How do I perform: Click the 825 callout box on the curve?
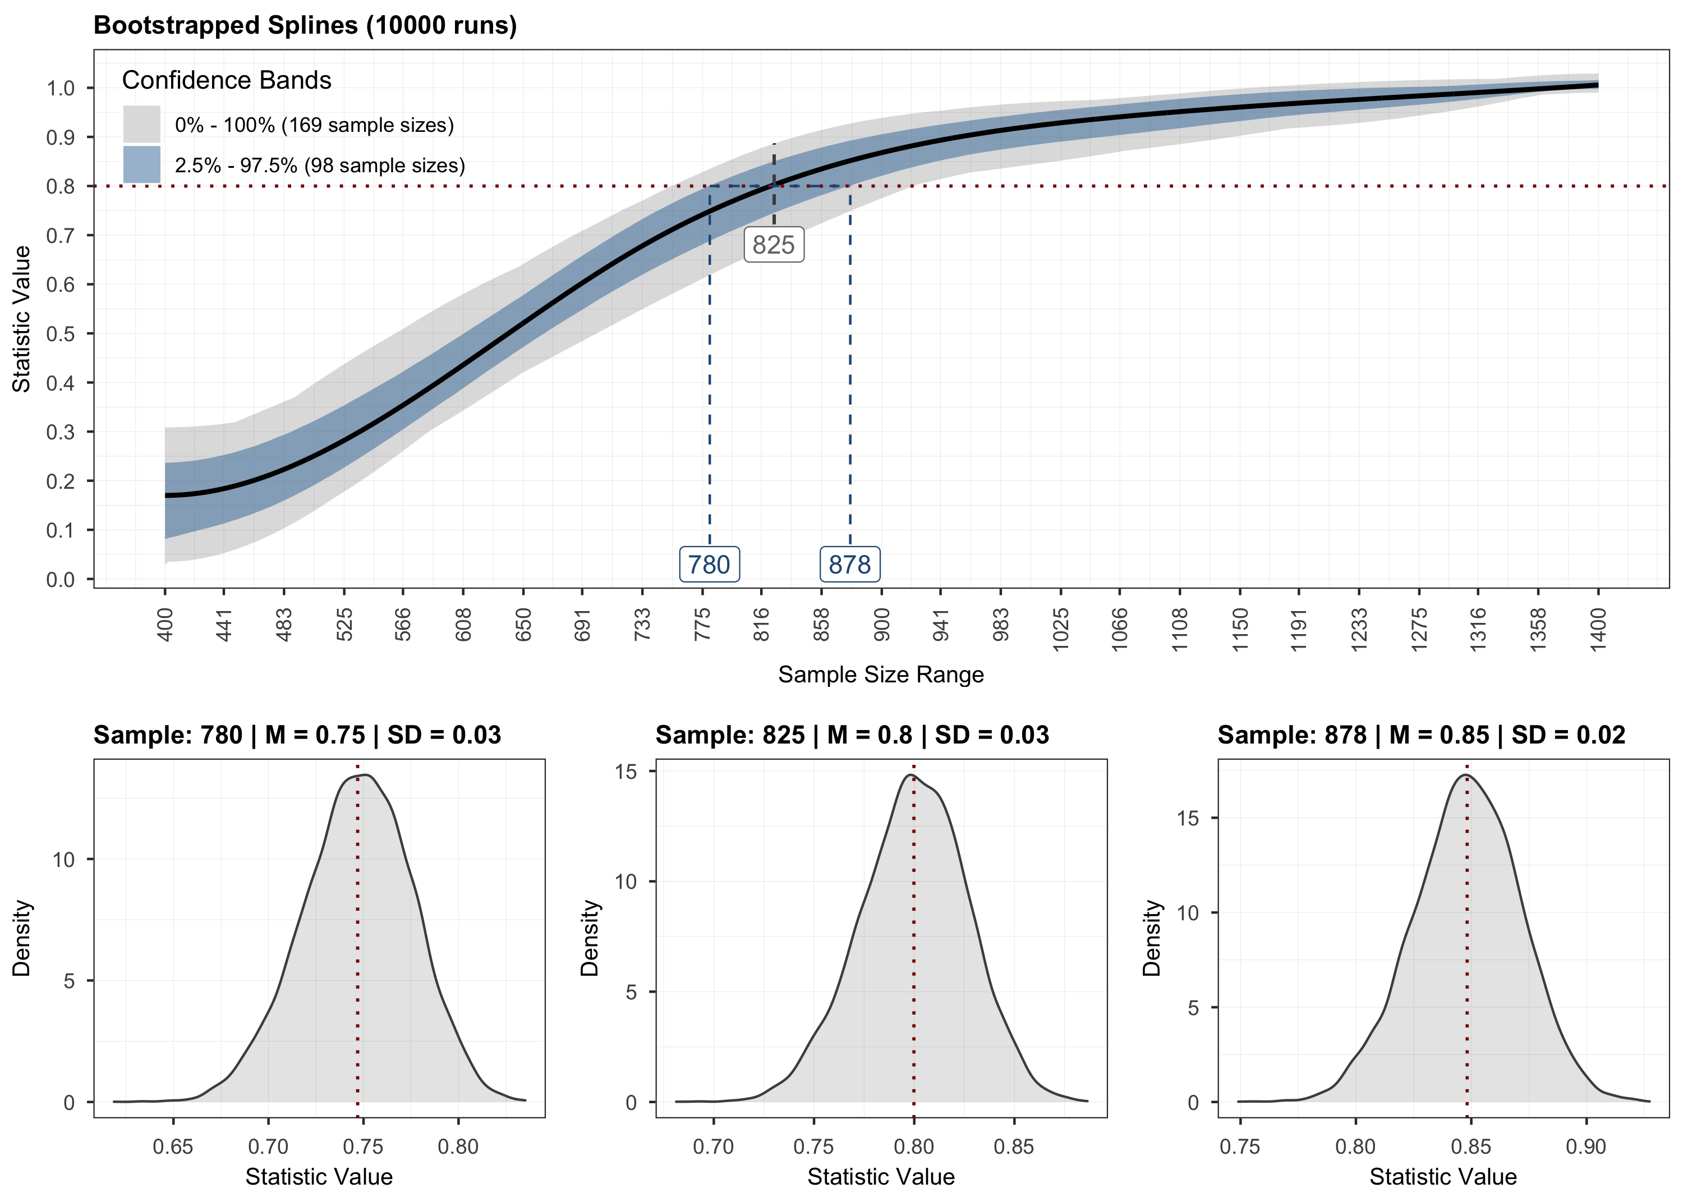pyautogui.click(x=773, y=244)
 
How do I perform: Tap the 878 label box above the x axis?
pyautogui.click(x=849, y=565)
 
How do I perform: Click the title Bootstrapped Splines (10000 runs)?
pyautogui.click(x=305, y=25)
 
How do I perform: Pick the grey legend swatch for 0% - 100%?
pyautogui.click(x=141, y=123)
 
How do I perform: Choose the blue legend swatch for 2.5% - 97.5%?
pyautogui.click(x=141, y=164)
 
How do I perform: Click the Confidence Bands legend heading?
pyautogui.click(x=227, y=80)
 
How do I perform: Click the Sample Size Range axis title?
pyautogui.click(x=880, y=675)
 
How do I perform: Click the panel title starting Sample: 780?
pyautogui.click(x=297, y=735)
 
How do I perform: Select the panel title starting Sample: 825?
pyautogui.click(x=852, y=735)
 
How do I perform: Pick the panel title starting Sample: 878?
pyautogui.click(x=1421, y=735)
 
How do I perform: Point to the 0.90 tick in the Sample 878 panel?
pyautogui.click(x=1585, y=1146)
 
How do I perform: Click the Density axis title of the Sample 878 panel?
pyautogui.click(x=1151, y=938)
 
